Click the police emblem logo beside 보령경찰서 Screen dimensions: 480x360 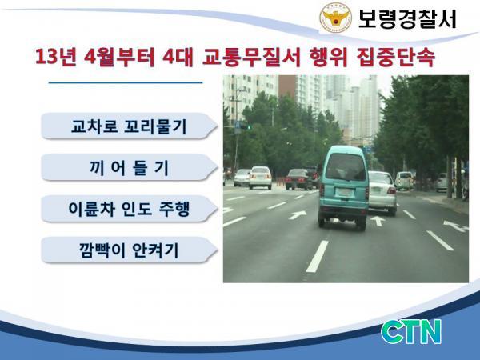coord(336,18)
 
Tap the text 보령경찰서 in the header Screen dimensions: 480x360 coord(407,19)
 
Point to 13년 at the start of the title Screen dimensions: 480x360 coord(55,57)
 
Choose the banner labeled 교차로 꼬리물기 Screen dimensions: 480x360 coord(129,126)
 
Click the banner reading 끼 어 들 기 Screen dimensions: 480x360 coord(129,168)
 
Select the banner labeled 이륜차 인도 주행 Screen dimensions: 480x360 coord(129,209)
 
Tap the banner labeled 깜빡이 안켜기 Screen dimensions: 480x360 coord(129,250)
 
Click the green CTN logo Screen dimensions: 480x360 coord(411,332)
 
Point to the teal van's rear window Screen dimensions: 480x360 coord(346,167)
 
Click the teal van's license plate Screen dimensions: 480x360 coord(345,193)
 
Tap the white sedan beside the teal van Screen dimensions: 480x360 coord(382,193)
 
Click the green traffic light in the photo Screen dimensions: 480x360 coord(249,126)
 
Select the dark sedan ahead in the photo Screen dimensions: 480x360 coord(298,179)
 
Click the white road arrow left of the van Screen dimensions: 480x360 coord(298,215)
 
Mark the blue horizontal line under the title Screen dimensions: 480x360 coord(126,82)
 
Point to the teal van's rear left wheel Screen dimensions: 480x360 coord(322,222)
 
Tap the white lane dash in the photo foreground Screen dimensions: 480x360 coord(318,256)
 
